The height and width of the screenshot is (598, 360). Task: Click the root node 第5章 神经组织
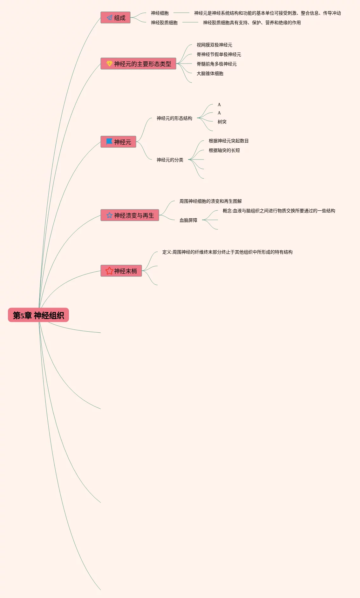tap(38, 315)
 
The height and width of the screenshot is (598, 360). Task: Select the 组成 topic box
tap(116, 18)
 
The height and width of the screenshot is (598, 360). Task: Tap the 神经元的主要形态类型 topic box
tap(139, 64)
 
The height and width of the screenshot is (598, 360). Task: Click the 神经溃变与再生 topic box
tap(130, 215)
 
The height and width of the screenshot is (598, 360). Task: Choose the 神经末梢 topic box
tap(121, 271)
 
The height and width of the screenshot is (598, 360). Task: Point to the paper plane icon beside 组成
tap(109, 18)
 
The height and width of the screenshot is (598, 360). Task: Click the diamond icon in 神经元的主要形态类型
tap(109, 64)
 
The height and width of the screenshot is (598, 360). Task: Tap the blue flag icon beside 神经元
tap(109, 141)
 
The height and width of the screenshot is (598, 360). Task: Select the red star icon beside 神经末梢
tap(109, 271)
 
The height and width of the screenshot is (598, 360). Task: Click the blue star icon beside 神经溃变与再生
tap(109, 215)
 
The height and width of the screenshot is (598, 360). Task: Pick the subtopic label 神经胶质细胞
tap(164, 23)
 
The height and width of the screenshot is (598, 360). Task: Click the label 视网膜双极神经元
tap(214, 45)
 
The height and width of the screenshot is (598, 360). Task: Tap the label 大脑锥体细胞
tap(210, 73)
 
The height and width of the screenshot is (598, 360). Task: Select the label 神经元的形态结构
tap(174, 118)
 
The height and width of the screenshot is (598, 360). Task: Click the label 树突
tap(222, 122)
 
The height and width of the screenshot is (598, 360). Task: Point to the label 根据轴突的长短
tap(224, 150)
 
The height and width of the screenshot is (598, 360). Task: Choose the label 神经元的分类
tap(170, 160)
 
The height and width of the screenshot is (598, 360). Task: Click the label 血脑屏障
tap(188, 220)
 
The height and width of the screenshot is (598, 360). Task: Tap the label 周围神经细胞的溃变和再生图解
tap(210, 201)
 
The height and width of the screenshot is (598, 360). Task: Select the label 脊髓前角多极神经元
tap(216, 64)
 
